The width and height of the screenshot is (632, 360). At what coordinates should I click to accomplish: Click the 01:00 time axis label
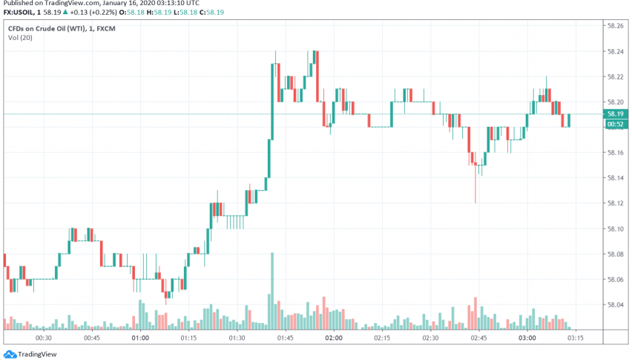(x=140, y=338)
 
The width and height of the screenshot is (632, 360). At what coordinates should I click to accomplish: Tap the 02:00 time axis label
(x=333, y=338)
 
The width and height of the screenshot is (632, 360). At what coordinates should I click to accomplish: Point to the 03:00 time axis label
(x=527, y=338)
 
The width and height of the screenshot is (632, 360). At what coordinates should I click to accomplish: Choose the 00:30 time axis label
(x=44, y=338)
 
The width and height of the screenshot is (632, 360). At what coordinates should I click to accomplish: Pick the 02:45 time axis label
(x=478, y=338)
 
